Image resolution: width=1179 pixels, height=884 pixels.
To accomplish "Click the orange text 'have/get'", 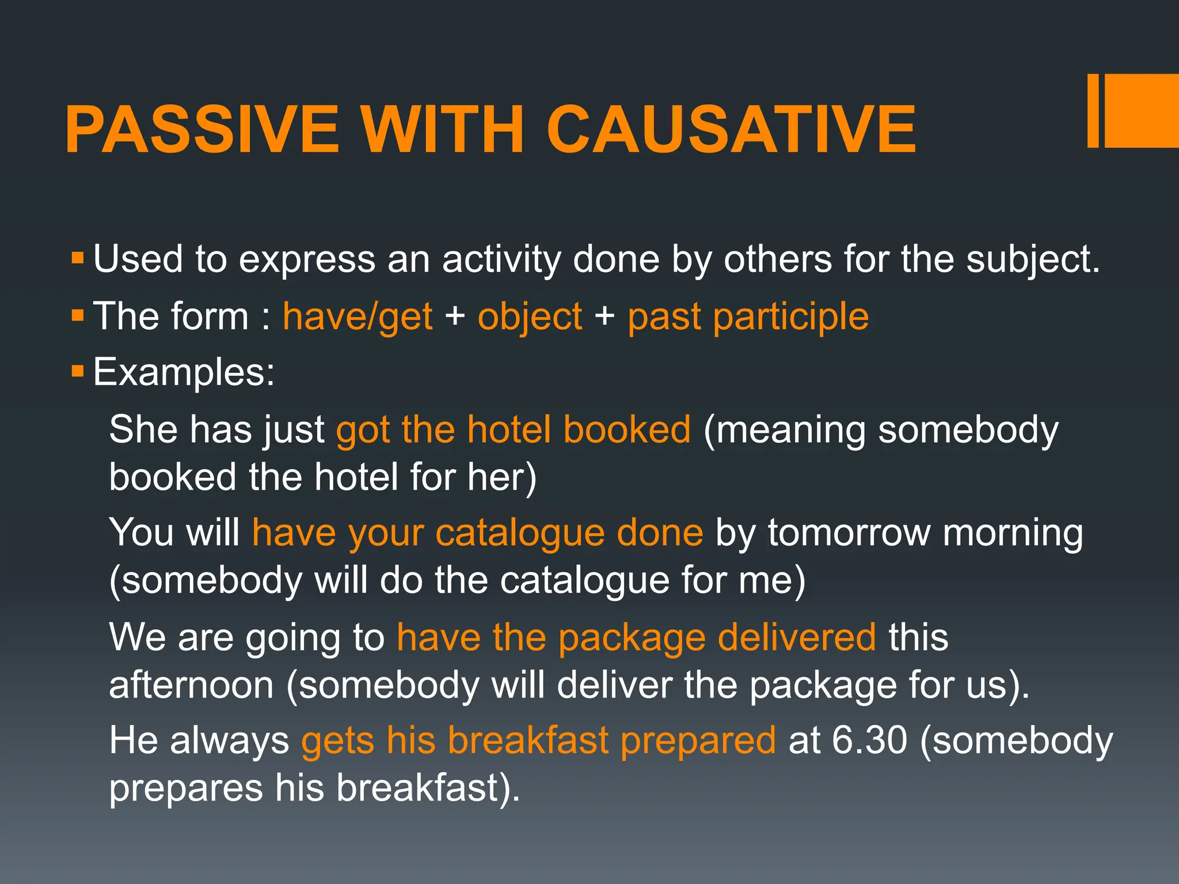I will (357, 317).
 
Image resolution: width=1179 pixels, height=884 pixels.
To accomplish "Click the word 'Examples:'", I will (184, 372).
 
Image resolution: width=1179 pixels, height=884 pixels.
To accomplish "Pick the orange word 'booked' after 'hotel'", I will (626, 429).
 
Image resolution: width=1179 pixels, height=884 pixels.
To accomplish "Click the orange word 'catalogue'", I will (520, 533).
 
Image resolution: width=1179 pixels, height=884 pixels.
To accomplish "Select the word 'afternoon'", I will (191, 685).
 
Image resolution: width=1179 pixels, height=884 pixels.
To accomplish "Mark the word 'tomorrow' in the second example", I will (849, 533).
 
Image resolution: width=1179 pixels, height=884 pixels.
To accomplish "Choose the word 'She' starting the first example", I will (143, 429).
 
